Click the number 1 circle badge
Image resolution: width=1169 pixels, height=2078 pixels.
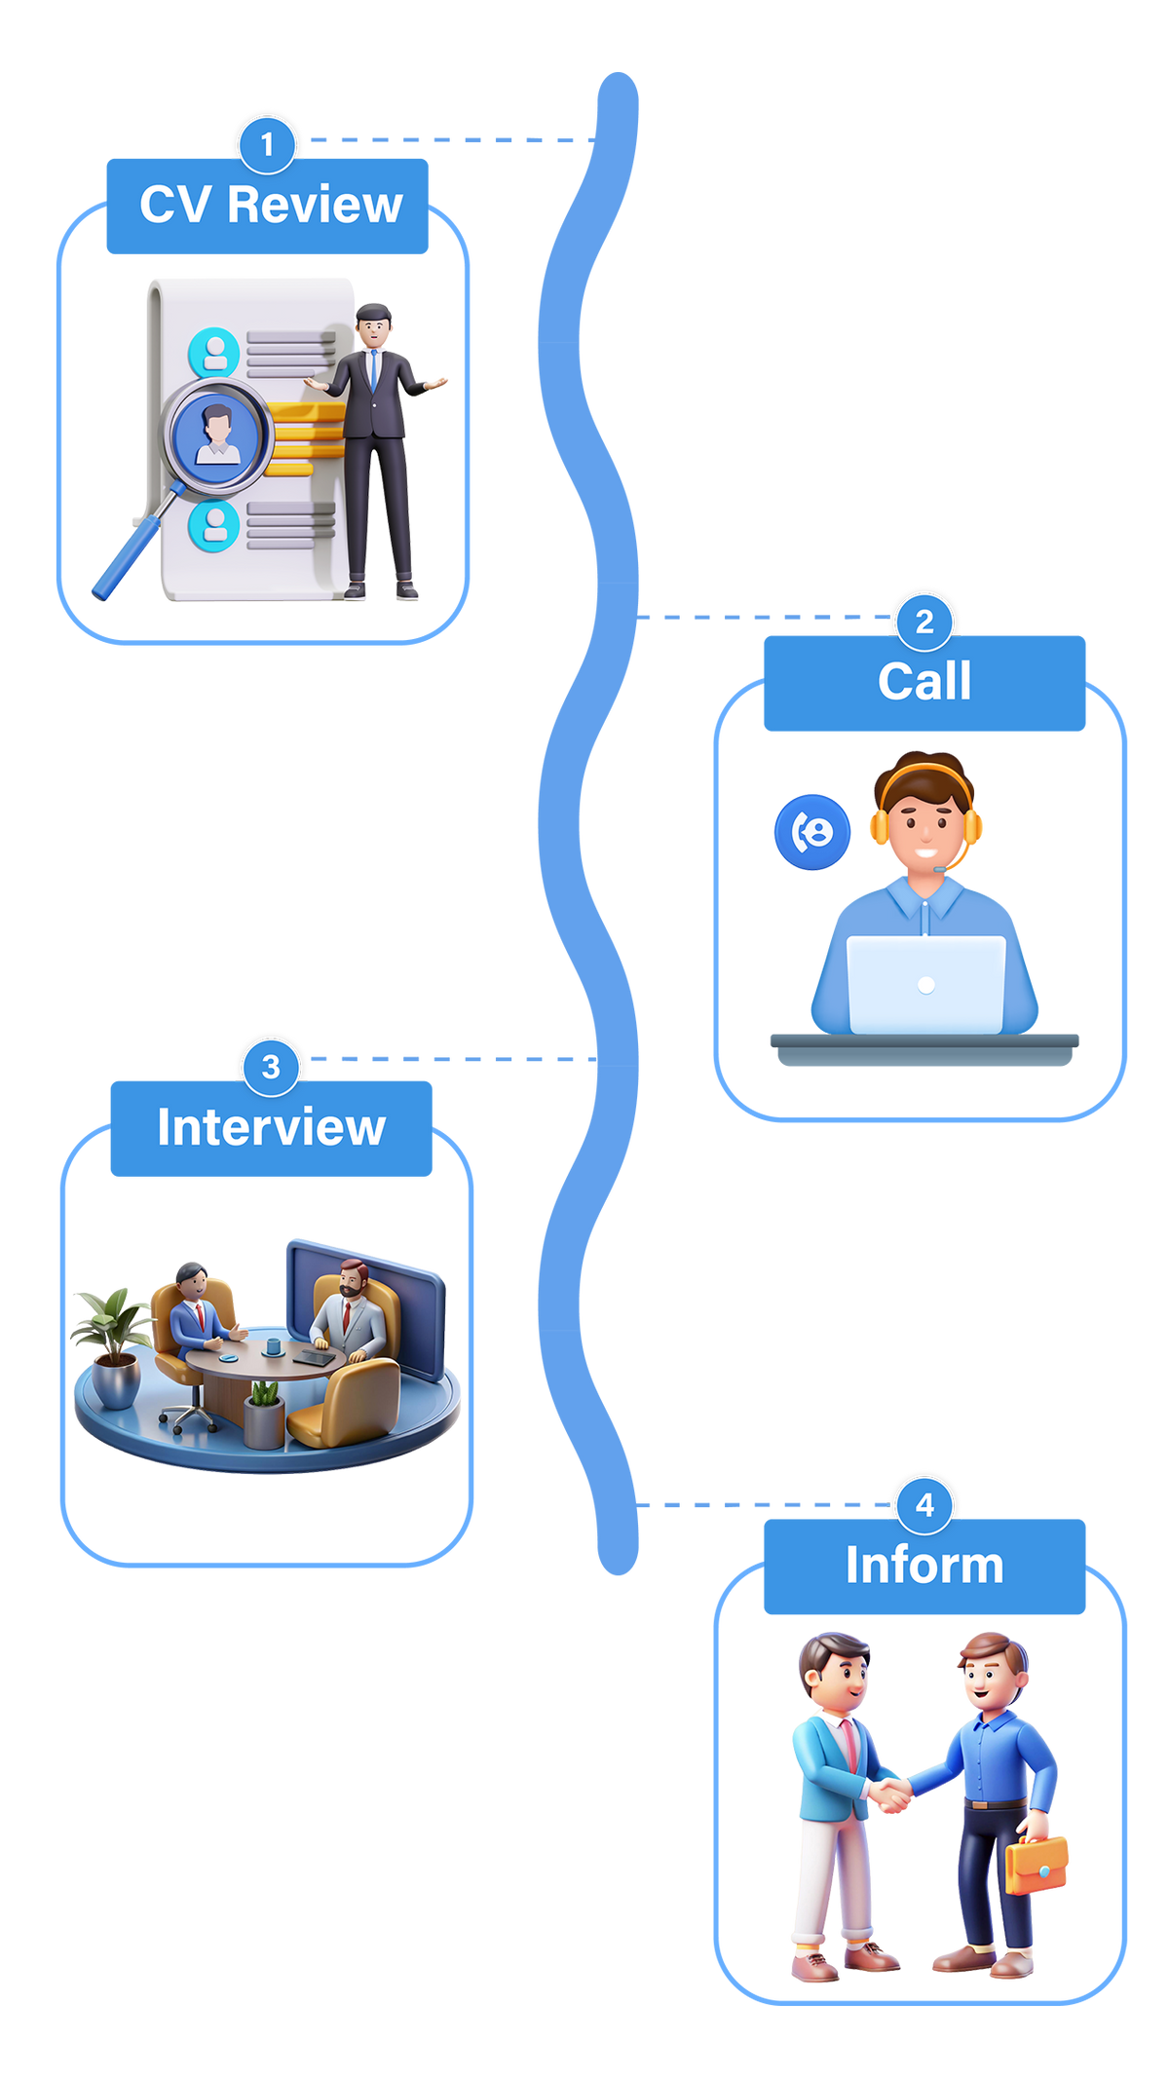coord(267,145)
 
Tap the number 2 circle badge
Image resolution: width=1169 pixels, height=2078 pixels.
coord(924,622)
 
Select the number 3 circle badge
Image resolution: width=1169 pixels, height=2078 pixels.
coord(271,1067)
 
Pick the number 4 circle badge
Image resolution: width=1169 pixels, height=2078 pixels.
coord(924,1505)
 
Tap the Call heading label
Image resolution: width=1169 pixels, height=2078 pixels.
coord(924,682)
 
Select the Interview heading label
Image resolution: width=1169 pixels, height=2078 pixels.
coord(271,1128)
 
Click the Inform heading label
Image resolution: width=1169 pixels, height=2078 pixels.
coord(924,1567)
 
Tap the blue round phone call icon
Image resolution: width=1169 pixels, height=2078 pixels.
coord(812,831)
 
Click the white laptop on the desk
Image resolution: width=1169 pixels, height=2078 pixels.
coord(925,984)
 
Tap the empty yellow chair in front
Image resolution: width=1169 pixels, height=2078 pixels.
coord(351,1403)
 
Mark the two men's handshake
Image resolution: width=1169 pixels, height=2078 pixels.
coord(888,1793)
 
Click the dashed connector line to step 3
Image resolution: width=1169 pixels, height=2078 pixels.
coord(448,1059)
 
